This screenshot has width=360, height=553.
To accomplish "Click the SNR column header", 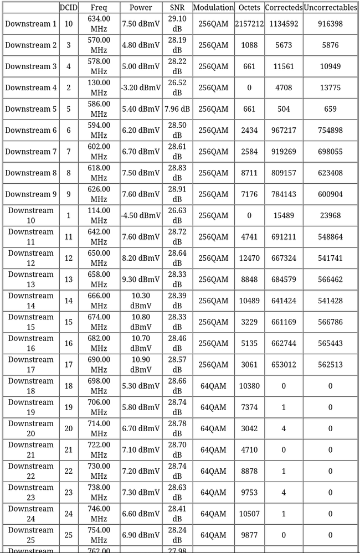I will (x=177, y=8).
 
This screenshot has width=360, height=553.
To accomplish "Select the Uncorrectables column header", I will (x=330, y=8).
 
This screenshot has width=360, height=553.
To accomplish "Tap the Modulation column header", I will (x=213, y=8).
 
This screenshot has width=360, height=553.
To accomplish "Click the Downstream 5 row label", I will (x=31, y=109).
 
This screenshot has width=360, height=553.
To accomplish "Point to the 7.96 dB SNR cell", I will (x=177, y=109).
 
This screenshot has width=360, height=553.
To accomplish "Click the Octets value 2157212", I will (x=249, y=24).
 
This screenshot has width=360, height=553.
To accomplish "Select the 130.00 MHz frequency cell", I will (x=99, y=87).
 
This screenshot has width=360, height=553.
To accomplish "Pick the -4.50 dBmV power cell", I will (x=141, y=215).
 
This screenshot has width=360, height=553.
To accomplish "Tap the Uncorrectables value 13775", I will (x=330, y=87).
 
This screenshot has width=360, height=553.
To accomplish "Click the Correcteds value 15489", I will (x=284, y=215).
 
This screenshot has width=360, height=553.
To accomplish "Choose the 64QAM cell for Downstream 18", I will (x=213, y=386).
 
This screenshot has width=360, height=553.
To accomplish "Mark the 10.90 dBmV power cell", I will (x=141, y=364).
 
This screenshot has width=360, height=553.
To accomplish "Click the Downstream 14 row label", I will (x=31, y=301).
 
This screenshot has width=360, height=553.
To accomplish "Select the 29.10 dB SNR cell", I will (x=177, y=24).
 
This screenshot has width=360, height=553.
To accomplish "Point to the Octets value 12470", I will (x=249, y=258).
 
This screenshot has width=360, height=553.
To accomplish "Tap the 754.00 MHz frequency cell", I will (x=99, y=535).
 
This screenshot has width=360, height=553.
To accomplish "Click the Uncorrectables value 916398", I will (x=330, y=24).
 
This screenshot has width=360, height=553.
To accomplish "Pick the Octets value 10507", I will (x=249, y=514).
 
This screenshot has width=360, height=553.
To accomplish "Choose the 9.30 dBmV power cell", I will (x=141, y=280).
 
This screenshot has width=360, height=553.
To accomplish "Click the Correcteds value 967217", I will (x=284, y=130).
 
